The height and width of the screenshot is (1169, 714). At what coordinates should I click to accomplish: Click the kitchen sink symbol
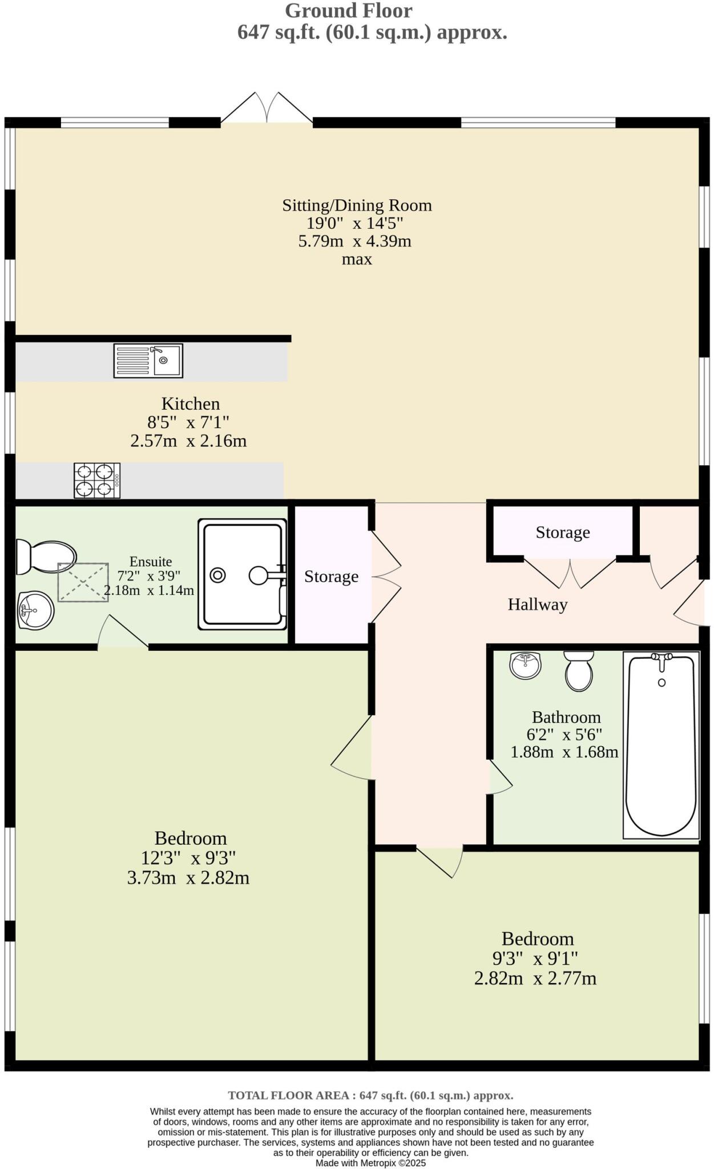[x=148, y=360]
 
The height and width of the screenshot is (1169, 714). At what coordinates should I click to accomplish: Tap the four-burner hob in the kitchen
[x=96, y=480]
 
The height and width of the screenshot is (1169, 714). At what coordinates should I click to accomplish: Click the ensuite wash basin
[x=35, y=610]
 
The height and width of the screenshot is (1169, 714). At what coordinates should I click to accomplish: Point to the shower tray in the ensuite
[x=242, y=574]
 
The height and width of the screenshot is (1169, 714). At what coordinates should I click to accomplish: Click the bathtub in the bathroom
[x=661, y=745]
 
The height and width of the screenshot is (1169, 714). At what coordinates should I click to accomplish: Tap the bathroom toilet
[x=579, y=672]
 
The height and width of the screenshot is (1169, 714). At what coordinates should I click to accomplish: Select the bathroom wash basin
[x=525, y=665]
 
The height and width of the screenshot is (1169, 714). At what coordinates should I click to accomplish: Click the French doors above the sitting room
[x=267, y=108]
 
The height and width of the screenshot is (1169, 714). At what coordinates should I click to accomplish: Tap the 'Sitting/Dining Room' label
[x=357, y=205]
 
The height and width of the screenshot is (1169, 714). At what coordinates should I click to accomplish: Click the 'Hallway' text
[x=537, y=604]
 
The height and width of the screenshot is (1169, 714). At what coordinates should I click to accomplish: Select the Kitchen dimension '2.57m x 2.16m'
[x=188, y=441]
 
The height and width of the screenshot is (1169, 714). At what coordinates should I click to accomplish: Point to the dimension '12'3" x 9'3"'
[x=188, y=858]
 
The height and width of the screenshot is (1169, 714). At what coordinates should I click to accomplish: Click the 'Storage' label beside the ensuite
[x=331, y=577]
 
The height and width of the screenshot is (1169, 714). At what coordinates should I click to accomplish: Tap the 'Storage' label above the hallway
[x=562, y=533]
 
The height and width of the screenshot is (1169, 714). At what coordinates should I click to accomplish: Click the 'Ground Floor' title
[x=348, y=11]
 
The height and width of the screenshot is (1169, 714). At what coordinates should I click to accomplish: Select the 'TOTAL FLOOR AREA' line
[x=370, y=1095]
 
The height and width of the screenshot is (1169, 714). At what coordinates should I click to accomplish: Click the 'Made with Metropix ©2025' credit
[x=370, y=1163]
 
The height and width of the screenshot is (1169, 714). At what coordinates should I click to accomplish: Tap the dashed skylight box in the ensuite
[x=83, y=582]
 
